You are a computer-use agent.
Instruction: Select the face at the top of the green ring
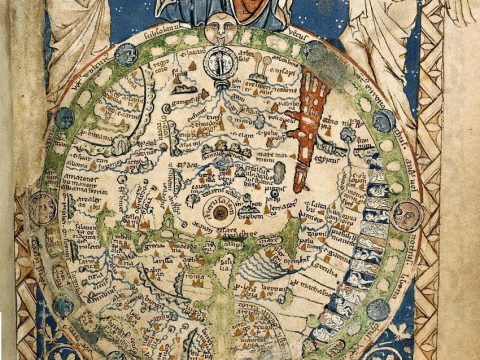point(222,32)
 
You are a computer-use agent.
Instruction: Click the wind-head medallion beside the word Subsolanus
point(127,54)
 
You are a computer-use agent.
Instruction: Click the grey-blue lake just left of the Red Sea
point(279,171)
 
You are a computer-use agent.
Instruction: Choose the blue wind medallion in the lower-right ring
point(378,308)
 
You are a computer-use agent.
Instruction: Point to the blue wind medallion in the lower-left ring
point(62,306)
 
